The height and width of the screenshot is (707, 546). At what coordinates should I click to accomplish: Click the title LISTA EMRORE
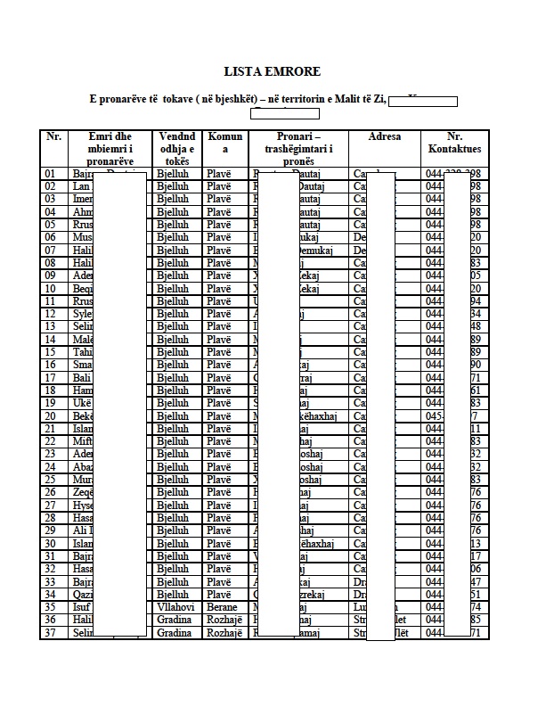tap(272, 71)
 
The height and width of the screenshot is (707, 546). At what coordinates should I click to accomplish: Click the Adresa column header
tap(385, 137)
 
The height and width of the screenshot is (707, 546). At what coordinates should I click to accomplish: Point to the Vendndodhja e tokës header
tap(176, 149)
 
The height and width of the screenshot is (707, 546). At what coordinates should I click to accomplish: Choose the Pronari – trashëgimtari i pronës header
tap(298, 149)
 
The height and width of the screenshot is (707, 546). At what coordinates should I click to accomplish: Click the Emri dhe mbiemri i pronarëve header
tap(110, 149)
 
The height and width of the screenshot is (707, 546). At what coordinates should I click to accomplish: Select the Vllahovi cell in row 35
tap(175, 607)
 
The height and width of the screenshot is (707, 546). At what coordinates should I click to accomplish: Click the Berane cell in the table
tap(222, 607)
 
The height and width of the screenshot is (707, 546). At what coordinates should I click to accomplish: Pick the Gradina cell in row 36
tap(174, 620)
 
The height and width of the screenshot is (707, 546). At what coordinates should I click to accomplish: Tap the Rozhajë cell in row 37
tap(224, 633)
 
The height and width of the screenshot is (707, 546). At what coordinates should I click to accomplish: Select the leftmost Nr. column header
tap(53, 137)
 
